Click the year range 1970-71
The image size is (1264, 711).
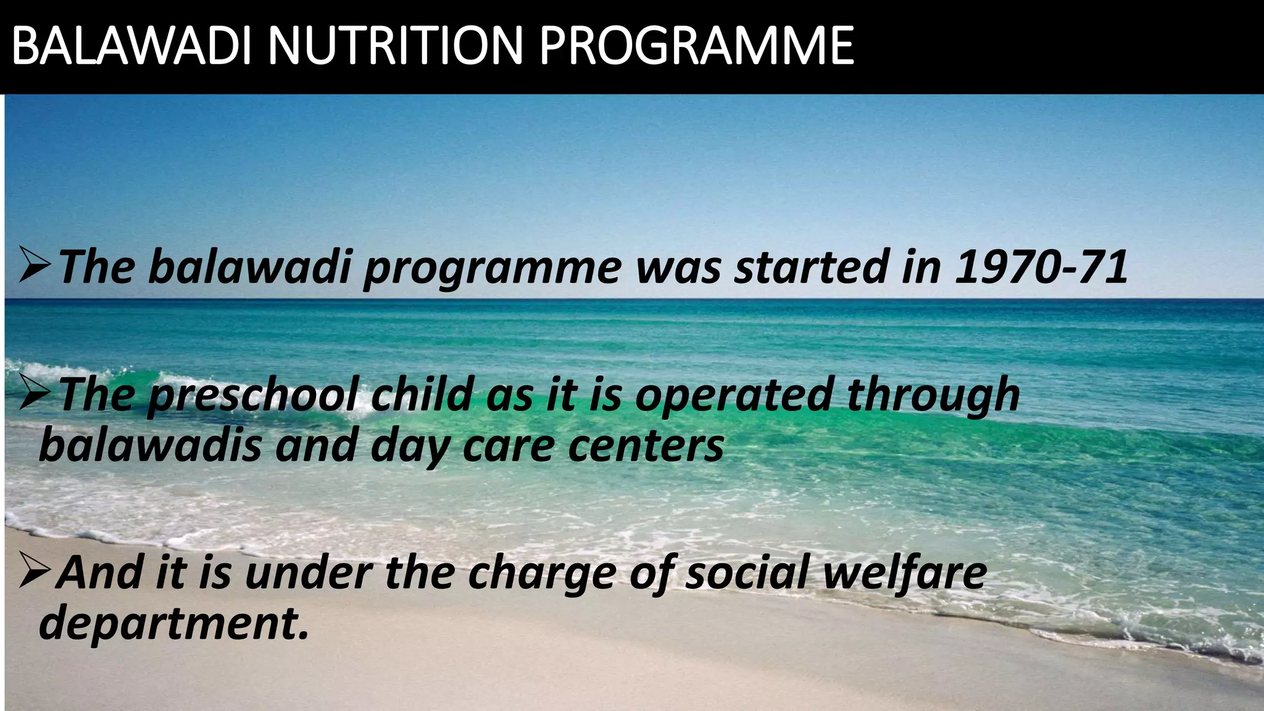[x=1041, y=267]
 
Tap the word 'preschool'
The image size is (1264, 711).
[x=252, y=395]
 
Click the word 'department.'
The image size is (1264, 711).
[x=173, y=623]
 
